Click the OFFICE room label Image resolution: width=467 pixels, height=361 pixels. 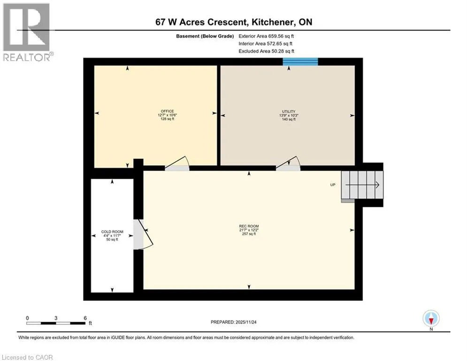pyautogui.click(x=168, y=111)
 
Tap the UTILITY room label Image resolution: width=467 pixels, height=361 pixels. pyautogui.click(x=289, y=111)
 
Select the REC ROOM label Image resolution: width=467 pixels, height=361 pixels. pyautogui.click(x=249, y=226)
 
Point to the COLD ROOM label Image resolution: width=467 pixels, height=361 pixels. pyautogui.click(x=112, y=232)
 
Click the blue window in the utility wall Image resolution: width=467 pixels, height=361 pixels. pyautogui.click(x=300, y=62)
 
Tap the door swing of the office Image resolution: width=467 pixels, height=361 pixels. pyautogui.click(x=177, y=164)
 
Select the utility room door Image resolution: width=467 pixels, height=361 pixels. pyautogui.click(x=288, y=164)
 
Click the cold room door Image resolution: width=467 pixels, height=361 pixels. pyautogui.click(x=143, y=235)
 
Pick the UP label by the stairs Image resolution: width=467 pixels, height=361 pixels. pyautogui.click(x=333, y=185)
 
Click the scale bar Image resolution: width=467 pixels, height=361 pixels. pyautogui.click(x=56, y=323)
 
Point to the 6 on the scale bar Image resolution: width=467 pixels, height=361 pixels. pyautogui.click(x=85, y=318)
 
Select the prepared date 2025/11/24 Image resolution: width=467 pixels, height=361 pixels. pyautogui.click(x=246, y=322)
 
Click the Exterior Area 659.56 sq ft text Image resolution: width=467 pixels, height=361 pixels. pyautogui.click(x=266, y=36)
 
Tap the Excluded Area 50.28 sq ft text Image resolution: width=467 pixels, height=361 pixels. pyautogui.click(x=266, y=51)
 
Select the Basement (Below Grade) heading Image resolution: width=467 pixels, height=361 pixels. pyautogui.click(x=205, y=36)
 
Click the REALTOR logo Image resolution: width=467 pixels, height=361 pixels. pyautogui.click(x=27, y=32)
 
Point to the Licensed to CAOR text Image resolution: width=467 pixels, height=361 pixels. pyautogui.click(x=27, y=357)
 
